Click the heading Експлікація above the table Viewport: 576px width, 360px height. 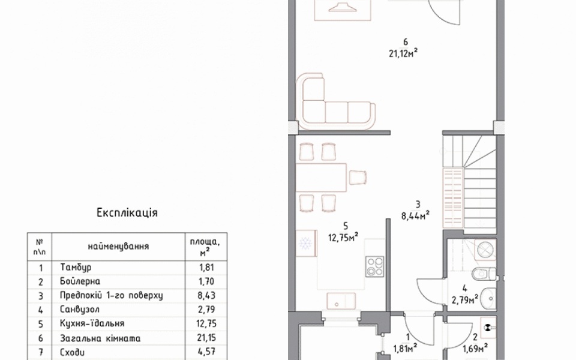[127, 212]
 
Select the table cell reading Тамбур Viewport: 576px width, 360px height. [76, 268]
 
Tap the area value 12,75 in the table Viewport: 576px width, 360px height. [207, 323]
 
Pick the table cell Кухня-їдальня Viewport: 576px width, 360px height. [92, 323]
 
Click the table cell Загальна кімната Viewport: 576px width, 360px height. [100, 338]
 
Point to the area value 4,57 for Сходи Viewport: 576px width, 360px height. [207, 352]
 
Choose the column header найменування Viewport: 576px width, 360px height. [118, 246]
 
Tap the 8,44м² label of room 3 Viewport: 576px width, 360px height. [415, 216]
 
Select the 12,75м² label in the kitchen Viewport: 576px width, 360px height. [343, 238]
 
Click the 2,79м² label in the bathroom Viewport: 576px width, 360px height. [464, 301]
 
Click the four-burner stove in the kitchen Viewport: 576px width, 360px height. [374, 266]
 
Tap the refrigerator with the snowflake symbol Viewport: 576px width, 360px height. [307, 244]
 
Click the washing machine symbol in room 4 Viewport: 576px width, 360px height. [485, 250]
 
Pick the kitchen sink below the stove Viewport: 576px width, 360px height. [341, 302]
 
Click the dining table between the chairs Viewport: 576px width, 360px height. [322, 178]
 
